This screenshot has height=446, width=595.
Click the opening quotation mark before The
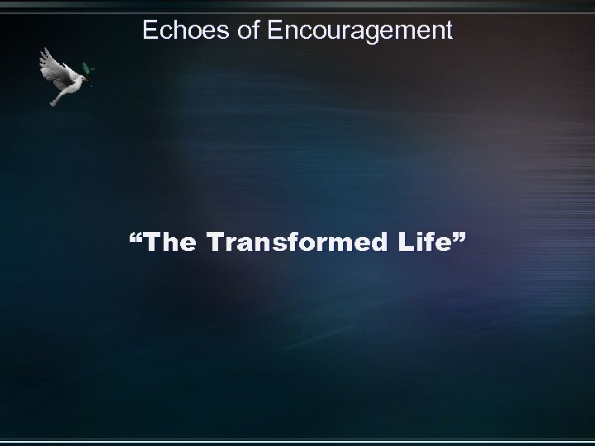(136, 239)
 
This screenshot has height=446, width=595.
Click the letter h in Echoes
(177, 31)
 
